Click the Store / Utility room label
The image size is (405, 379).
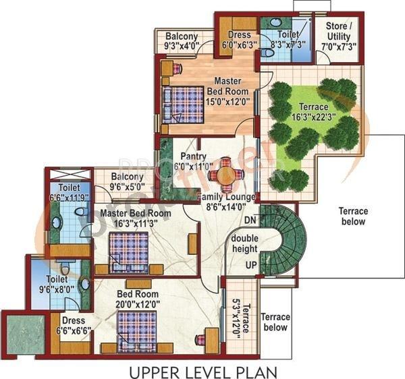339,36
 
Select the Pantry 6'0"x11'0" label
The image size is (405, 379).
193,161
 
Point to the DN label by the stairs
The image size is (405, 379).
250,220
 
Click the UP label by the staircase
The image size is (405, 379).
251,265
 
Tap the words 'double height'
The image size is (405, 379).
244,243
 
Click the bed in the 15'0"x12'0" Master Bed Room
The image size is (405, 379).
184,105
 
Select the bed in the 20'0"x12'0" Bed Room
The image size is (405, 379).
137,332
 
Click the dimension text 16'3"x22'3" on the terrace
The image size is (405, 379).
314,117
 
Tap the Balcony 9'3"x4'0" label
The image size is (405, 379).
182,41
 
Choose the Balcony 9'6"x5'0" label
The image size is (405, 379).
127,181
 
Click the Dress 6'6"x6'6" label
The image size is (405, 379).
74,326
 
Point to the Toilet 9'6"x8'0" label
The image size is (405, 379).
57,285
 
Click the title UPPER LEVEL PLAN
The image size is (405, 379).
203,372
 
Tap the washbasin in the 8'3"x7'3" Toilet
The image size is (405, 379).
275,22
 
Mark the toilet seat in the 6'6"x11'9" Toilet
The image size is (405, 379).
81,212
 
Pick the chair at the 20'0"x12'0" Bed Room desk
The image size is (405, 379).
200,340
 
